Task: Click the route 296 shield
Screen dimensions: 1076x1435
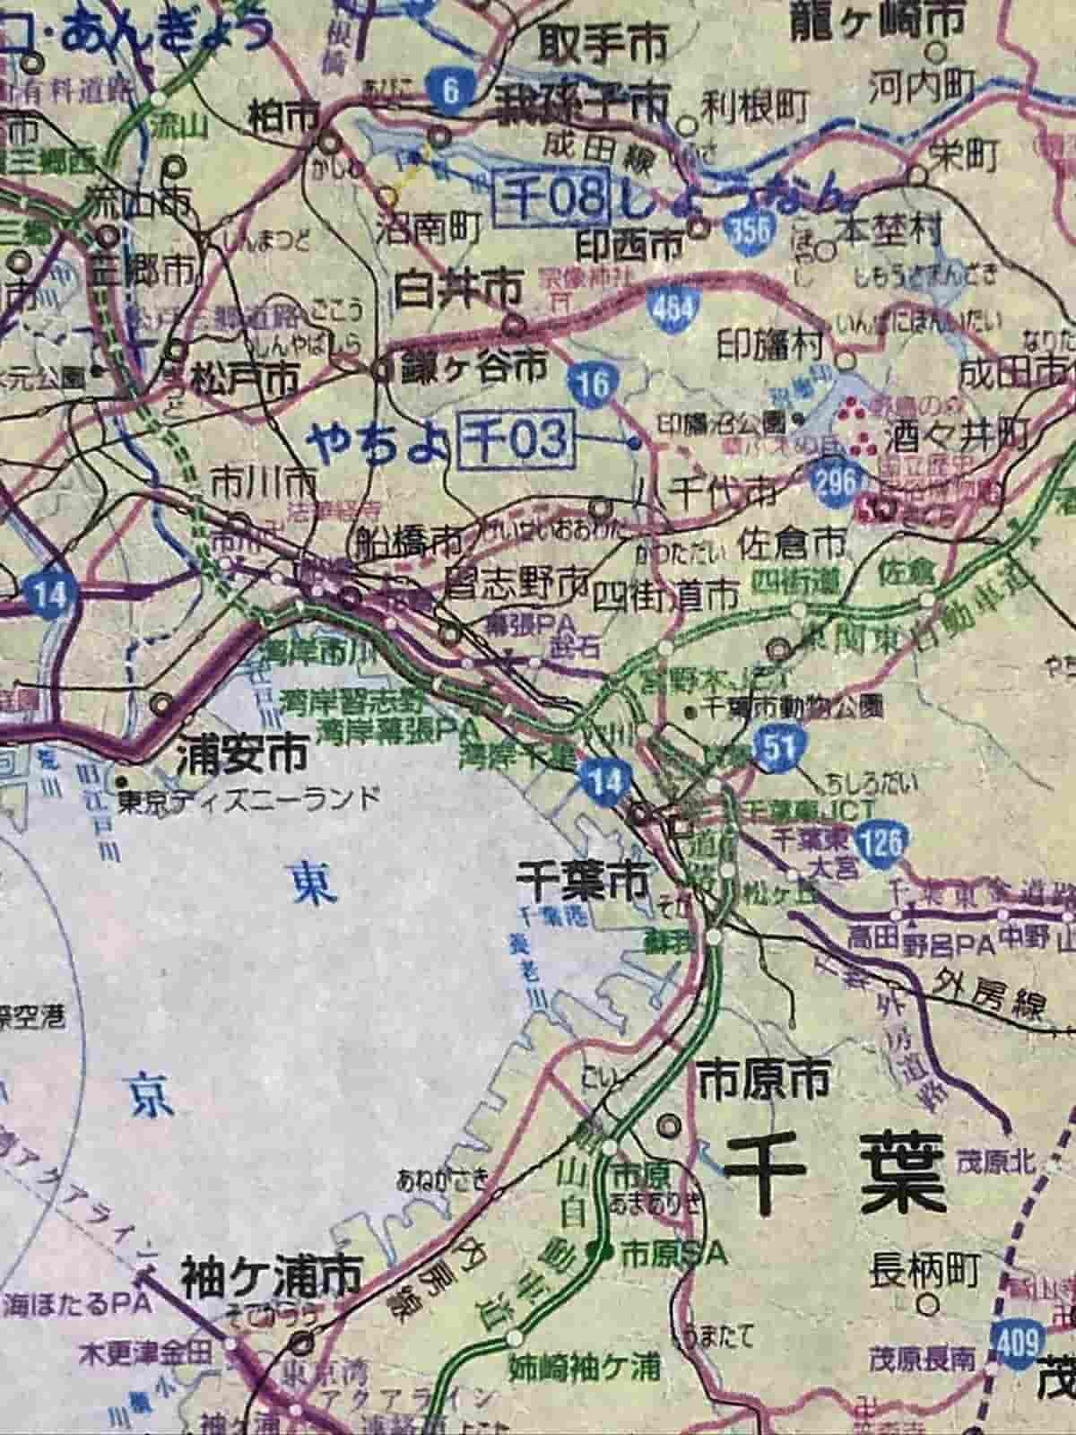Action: click(x=836, y=482)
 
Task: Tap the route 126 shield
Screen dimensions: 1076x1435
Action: click(x=881, y=844)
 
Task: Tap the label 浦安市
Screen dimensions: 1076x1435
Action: click(x=241, y=752)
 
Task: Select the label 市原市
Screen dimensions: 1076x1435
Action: click(x=764, y=1081)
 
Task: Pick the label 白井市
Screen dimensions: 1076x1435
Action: click(x=458, y=289)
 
